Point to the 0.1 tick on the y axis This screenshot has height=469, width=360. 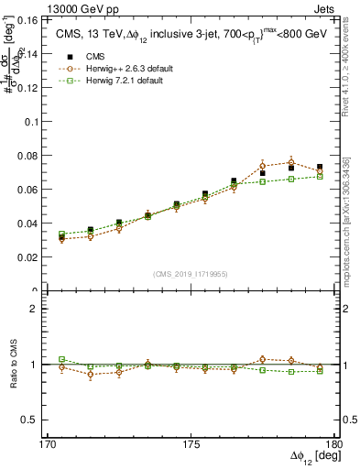pyautogui.click(x=36, y=121)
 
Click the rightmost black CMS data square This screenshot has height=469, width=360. pyautogui.click(x=319, y=168)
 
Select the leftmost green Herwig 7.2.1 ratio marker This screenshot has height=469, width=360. pyautogui.click(x=62, y=360)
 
